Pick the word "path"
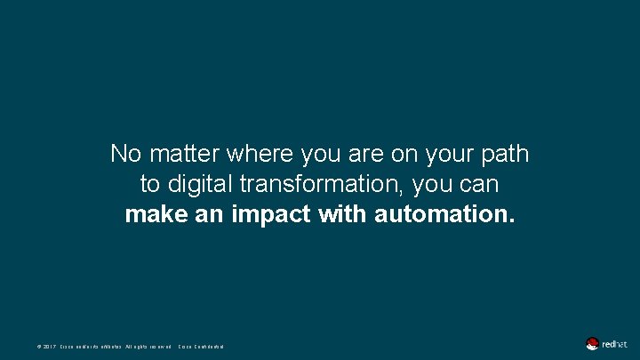tap(504, 155)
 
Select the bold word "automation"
tap(444, 215)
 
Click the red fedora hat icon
tap(592, 344)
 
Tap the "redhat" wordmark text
tap(614, 344)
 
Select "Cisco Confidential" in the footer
tap(202, 346)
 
